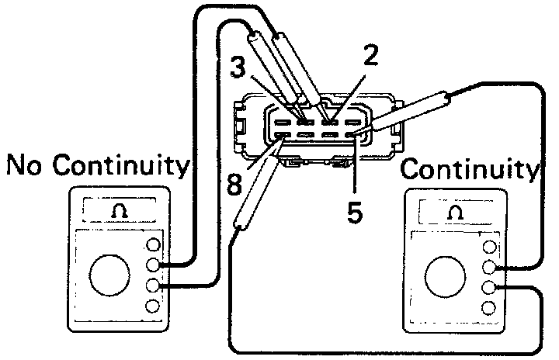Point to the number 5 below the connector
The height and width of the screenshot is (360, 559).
355,212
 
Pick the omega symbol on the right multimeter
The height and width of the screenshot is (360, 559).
455,212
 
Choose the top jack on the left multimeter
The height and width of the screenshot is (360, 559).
153,246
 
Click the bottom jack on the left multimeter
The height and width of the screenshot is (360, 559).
153,306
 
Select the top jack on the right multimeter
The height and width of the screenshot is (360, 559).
488,248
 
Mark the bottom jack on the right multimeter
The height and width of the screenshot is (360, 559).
488,308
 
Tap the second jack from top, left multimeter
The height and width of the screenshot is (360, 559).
153,265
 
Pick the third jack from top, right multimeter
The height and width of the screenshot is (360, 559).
488,289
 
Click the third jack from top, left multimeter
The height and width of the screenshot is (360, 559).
153,286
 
